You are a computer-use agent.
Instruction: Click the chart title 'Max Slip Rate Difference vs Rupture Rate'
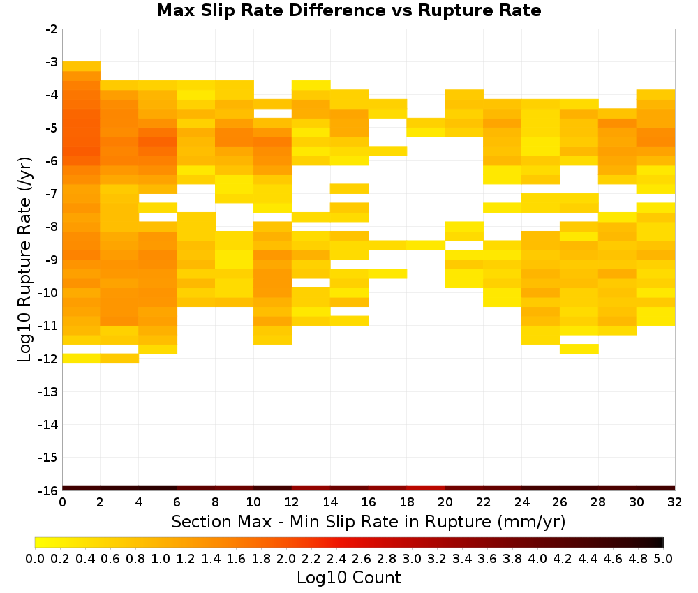(x=348, y=10)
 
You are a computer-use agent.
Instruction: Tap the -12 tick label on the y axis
(x=49, y=359)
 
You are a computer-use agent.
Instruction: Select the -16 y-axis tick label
(x=49, y=490)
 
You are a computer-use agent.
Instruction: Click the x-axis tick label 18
(x=407, y=502)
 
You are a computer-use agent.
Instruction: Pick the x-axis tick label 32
(x=675, y=502)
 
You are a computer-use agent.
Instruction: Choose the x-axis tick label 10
(x=254, y=502)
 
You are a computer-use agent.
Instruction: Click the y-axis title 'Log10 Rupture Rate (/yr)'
(x=25, y=260)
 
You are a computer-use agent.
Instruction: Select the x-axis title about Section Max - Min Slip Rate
(x=369, y=522)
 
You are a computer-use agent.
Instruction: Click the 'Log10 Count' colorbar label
(x=349, y=578)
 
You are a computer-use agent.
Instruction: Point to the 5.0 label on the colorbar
(x=663, y=558)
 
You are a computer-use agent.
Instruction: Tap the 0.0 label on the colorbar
(x=35, y=558)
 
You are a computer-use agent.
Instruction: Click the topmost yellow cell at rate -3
(x=82, y=66)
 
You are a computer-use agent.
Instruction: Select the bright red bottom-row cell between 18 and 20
(x=426, y=488)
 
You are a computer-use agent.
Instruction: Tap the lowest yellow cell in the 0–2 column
(x=82, y=358)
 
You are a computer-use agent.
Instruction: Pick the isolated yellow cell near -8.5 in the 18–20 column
(x=426, y=245)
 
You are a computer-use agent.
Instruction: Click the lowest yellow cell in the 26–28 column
(x=579, y=350)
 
